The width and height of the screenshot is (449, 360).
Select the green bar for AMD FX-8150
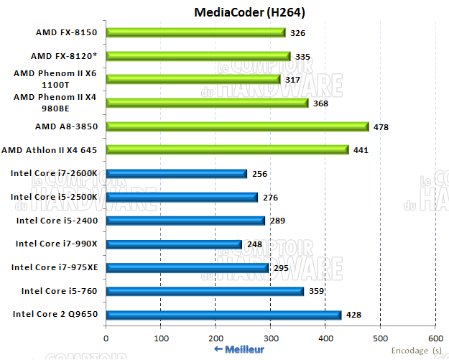[195, 32]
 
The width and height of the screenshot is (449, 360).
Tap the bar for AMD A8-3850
[237, 126]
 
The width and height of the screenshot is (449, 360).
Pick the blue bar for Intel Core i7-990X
[174, 244]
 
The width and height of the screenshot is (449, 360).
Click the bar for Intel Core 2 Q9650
[223, 315]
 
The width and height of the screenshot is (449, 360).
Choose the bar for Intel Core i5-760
[205, 291]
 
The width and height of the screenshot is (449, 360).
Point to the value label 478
[381, 127]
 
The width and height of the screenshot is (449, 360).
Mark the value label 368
[321, 103]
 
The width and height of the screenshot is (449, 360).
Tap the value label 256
[259, 174]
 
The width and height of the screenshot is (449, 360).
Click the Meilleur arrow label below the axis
[239, 349]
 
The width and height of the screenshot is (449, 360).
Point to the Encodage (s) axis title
[417, 350]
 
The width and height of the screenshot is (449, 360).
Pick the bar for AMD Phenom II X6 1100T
[193, 79]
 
